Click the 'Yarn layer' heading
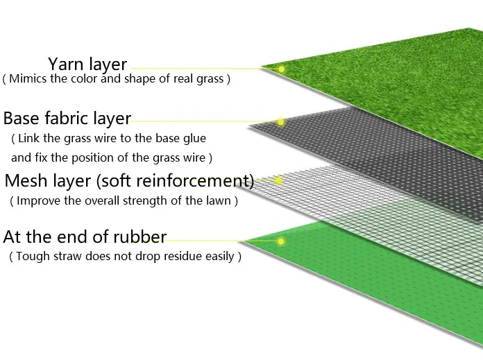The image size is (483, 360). tap(87, 65)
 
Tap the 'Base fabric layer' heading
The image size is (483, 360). tap(67, 119)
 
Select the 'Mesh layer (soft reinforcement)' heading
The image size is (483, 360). tap(129, 182)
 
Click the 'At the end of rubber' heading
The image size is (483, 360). tap(85, 237)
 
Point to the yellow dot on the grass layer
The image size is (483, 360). tap(282, 69)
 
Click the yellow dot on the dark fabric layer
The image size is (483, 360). tap(281, 123)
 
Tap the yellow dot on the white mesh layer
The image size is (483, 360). tap(279, 180)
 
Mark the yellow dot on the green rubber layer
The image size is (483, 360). tap(281, 241)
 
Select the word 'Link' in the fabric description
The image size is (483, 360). tap(32, 139)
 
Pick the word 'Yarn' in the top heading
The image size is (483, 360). tap(65, 65)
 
